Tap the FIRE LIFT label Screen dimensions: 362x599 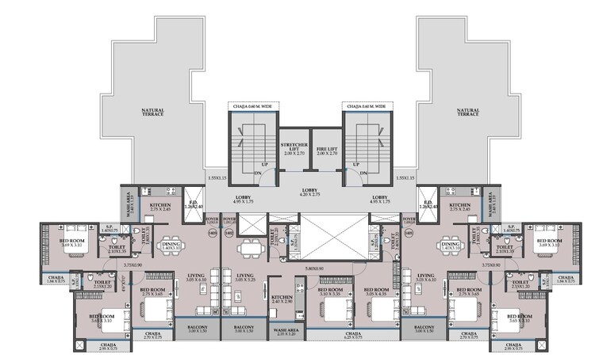(324, 149)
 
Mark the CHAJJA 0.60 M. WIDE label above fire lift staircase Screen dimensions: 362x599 (366, 105)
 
